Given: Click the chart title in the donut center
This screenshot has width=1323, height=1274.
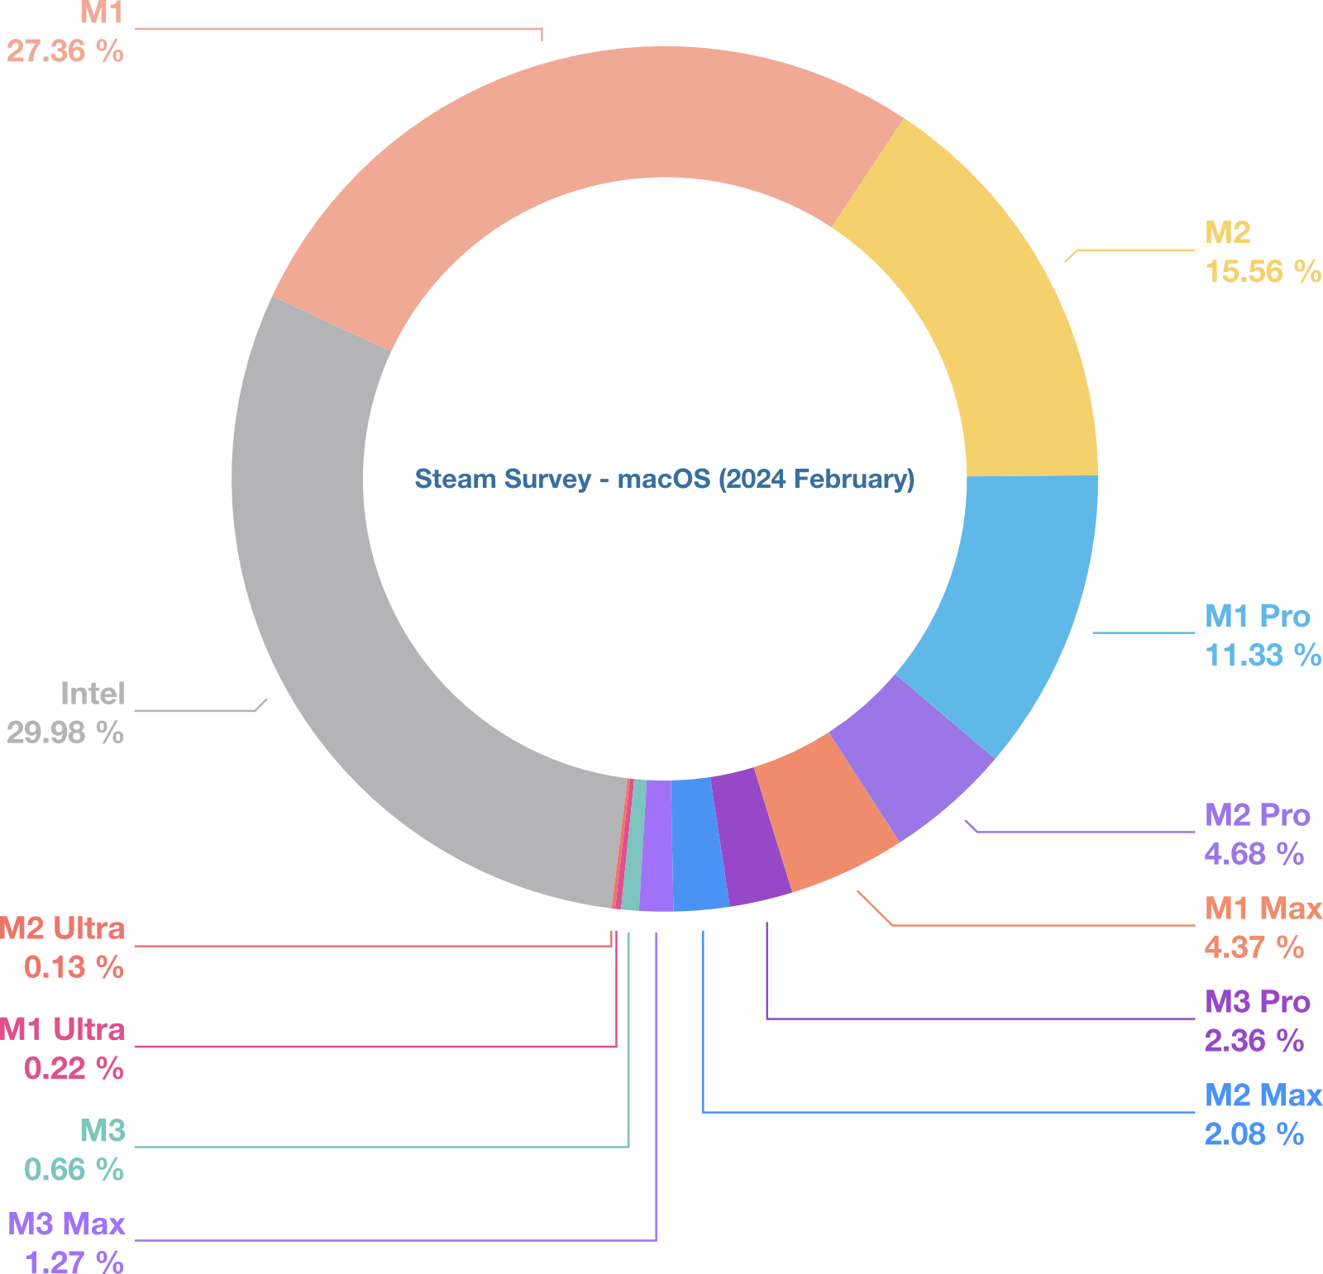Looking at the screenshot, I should [x=664, y=479].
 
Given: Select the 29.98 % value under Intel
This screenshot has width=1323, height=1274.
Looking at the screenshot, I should [x=64, y=732].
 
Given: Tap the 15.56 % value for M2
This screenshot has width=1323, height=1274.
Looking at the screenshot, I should [x=1262, y=271].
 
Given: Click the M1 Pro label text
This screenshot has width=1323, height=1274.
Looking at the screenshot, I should [x=1257, y=616].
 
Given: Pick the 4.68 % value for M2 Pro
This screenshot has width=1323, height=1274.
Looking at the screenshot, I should [x=1254, y=853].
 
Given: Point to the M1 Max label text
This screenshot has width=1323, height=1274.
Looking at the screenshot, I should [x=1263, y=909].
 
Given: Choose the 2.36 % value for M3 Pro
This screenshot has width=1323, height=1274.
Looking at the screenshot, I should [x=1254, y=1040].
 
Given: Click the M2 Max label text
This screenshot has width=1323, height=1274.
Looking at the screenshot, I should [x=1263, y=1095].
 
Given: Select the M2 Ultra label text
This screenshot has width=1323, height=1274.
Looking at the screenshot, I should [x=63, y=928].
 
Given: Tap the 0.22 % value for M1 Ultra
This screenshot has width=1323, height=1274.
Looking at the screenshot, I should [x=74, y=1068].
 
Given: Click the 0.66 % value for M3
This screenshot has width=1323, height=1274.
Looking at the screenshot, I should [x=74, y=1169].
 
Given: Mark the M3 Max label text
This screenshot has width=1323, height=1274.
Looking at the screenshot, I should [x=67, y=1224].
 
